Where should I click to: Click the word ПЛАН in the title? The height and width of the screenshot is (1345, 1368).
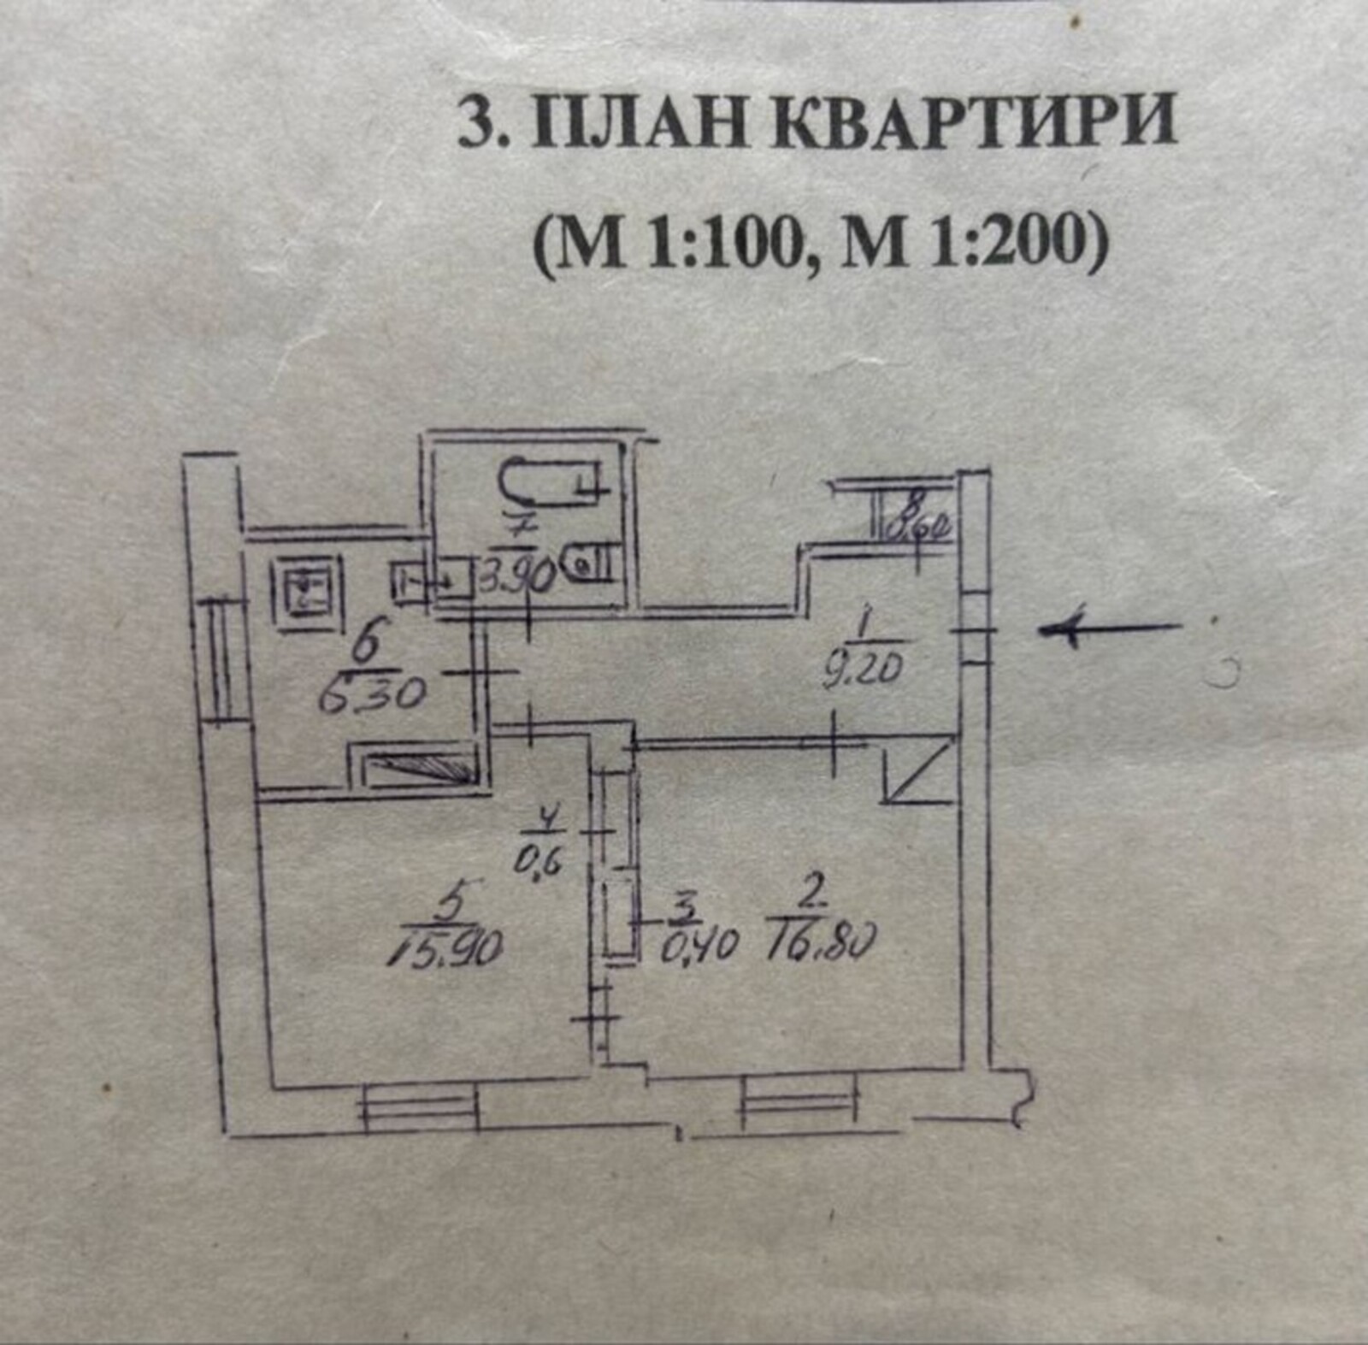pos(636,122)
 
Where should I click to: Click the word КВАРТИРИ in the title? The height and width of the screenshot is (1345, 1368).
pos(964,122)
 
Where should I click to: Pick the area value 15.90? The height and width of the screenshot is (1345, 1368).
pos(446,947)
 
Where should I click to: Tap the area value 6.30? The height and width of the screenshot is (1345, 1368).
pos(371,695)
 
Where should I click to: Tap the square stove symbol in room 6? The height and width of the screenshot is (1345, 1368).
pos(305,590)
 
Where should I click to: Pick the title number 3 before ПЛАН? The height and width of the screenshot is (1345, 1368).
pos(475,122)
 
